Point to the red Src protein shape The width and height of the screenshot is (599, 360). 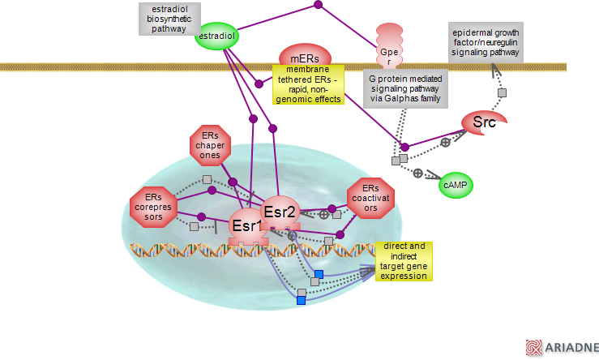click(x=484, y=122)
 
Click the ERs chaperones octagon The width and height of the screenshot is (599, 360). click(x=211, y=145)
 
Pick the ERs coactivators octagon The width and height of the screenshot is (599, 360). click(x=370, y=199)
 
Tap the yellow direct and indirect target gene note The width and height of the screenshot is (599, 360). click(x=404, y=260)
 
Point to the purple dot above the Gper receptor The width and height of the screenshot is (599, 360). click(x=318, y=6)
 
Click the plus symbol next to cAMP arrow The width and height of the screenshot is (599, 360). click(x=417, y=173)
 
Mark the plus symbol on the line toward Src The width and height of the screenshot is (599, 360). click(x=445, y=142)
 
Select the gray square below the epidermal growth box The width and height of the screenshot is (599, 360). click(x=502, y=94)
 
